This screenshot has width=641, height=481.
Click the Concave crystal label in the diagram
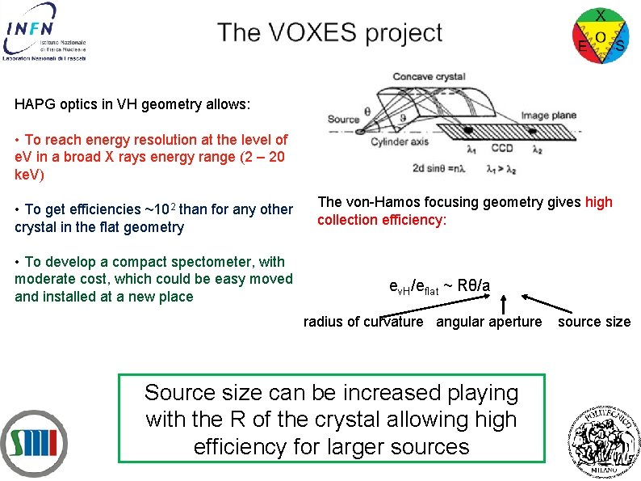pyautogui.click(x=429, y=77)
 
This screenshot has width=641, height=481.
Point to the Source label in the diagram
pyautogui.click(x=343, y=119)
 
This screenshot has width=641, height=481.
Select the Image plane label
pyautogui.click(x=549, y=116)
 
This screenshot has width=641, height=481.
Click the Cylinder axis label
pyautogui.click(x=400, y=142)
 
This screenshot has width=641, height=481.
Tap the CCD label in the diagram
pyautogui.click(x=502, y=149)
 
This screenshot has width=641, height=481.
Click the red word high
pyautogui.click(x=599, y=202)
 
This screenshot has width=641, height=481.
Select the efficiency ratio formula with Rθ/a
pyautogui.click(x=439, y=285)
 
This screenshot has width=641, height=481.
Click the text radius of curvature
pyautogui.click(x=363, y=322)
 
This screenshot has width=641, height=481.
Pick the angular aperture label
pyautogui.click(x=489, y=322)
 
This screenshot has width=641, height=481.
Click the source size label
pyautogui.click(x=594, y=322)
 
